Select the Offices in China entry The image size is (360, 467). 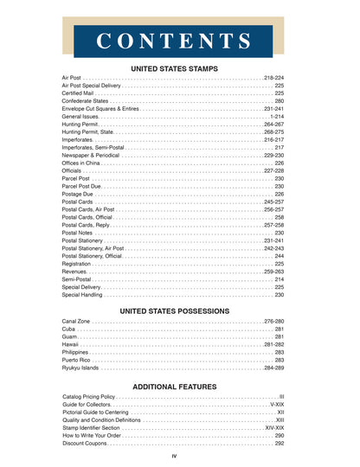81,163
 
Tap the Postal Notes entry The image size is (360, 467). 77,233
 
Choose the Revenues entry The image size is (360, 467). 74,272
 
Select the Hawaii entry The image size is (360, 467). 70,345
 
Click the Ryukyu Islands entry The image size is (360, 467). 81,368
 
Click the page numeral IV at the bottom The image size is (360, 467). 174,456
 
